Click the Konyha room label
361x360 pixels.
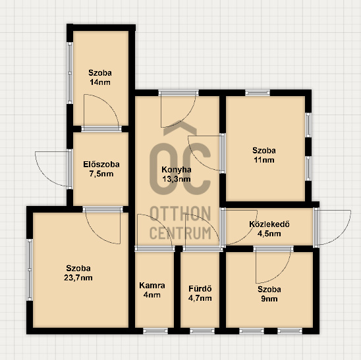tap(177, 170)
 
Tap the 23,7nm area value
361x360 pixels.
tap(78, 278)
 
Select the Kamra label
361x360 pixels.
tap(152, 286)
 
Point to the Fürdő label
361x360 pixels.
tap(200, 289)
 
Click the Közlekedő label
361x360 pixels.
tap(269, 224)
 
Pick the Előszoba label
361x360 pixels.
tap(101, 165)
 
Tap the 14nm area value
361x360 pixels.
tap(100, 82)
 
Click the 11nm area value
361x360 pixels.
tap(264, 160)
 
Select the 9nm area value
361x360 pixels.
tap(269, 299)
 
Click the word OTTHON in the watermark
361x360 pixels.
tap(180, 213)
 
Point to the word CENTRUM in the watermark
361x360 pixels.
tap(180, 233)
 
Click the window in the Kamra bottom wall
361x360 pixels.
tap(155, 331)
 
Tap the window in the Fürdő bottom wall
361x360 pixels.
tap(202, 331)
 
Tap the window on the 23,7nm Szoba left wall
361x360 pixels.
tap(30, 270)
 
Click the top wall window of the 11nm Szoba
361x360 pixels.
tap(258, 93)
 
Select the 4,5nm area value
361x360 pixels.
tap(269, 234)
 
